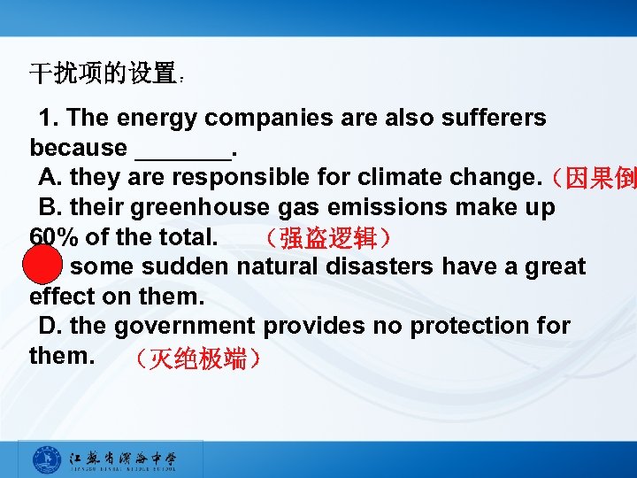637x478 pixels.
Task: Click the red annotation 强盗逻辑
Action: pos(327,238)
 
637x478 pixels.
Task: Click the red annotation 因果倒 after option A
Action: pos(593,179)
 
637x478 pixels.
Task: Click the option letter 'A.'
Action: pos(50,178)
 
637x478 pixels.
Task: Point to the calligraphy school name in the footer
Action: pos(123,459)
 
